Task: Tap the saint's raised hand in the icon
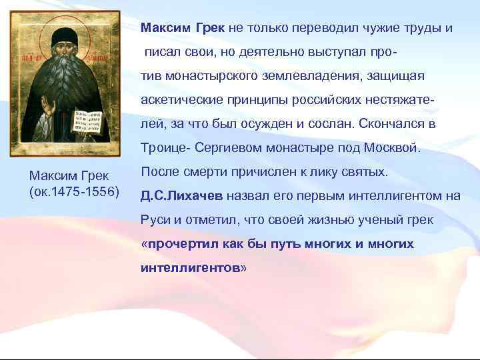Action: tap(46, 107)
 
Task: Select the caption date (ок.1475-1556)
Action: tap(74, 193)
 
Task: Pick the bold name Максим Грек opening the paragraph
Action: tap(183, 29)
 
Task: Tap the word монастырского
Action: tap(208, 75)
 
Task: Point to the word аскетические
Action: tap(179, 99)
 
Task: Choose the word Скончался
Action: tap(387, 123)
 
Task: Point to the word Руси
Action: tap(155, 220)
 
